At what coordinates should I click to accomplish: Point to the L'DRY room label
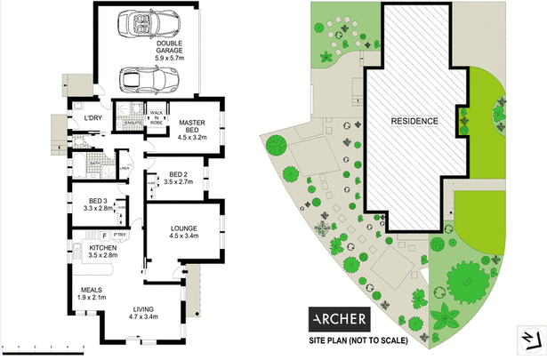pyautogui.click(x=93, y=118)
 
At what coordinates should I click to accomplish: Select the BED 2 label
pyautogui.click(x=178, y=174)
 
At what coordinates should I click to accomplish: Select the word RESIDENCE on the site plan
pyautogui.click(x=414, y=120)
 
